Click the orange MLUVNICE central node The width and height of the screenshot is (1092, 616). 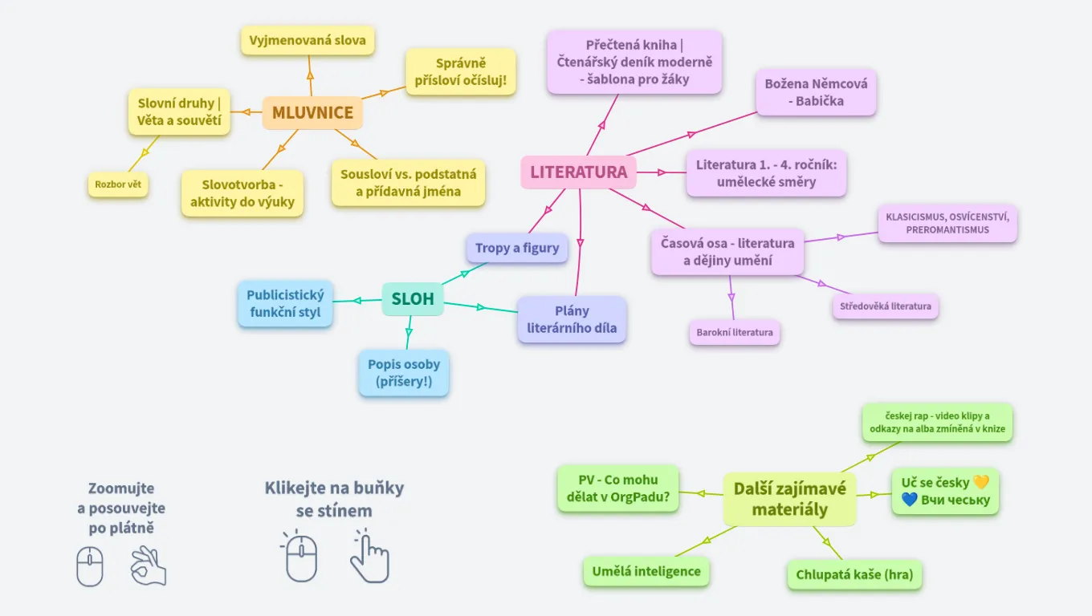(x=312, y=112)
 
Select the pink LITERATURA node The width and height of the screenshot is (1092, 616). (x=578, y=172)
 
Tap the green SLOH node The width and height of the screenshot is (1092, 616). (x=413, y=299)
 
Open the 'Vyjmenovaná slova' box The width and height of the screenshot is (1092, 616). (x=308, y=40)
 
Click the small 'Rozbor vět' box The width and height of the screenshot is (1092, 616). (x=118, y=184)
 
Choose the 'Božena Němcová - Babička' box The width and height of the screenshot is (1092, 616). (x=816, y=92)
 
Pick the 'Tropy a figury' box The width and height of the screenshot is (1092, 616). (x=517, y=248)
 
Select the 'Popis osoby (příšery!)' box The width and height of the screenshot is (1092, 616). (x=404, y=373)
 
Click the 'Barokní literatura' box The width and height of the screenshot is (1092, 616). (x=735, y=332)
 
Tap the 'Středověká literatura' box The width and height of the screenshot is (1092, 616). (x=886, y=306)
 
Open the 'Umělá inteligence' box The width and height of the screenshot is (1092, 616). (x=646, y=572)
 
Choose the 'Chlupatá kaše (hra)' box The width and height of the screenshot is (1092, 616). (x=854, y=575)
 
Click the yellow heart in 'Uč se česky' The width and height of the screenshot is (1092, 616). (x=981, y=482)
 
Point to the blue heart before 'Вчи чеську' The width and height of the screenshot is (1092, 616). (x=909, y=500)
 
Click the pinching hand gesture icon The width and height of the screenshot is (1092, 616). (x=149, y=565)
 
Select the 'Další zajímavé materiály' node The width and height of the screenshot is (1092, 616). (x=790, y=499)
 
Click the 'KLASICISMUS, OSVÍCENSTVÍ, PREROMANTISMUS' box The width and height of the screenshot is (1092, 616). (x=947, y=223)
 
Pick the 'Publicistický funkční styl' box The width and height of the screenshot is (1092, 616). (x=285, y=304)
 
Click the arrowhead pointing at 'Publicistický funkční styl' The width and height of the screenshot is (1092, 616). (x=357, y=301)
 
